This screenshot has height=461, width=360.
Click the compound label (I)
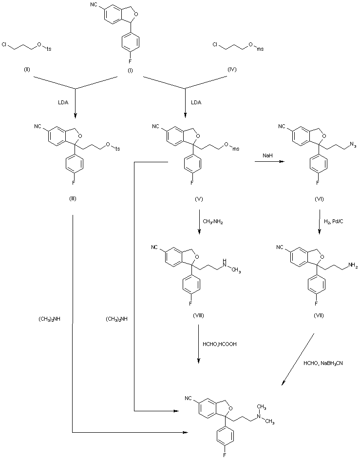130,71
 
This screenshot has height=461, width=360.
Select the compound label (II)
27,70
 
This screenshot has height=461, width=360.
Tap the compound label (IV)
232,70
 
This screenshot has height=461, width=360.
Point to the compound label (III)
73,199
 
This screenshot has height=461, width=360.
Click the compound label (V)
199,199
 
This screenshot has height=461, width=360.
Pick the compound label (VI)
319,199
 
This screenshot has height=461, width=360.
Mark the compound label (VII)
319,315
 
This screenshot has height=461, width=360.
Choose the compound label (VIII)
198,315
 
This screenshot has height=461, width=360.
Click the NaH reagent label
268,155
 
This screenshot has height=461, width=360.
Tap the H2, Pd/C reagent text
334,221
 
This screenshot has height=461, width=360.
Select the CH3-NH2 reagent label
213,222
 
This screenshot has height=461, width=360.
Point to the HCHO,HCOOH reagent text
220,344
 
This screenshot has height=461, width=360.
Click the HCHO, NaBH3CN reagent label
323,364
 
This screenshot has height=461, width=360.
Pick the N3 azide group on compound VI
353,145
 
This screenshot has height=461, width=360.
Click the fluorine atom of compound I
130,61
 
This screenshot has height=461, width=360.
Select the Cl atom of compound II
4,45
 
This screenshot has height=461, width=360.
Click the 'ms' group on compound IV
260,49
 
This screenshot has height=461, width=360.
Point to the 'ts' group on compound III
117,149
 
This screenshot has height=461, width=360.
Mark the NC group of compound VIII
155,247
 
